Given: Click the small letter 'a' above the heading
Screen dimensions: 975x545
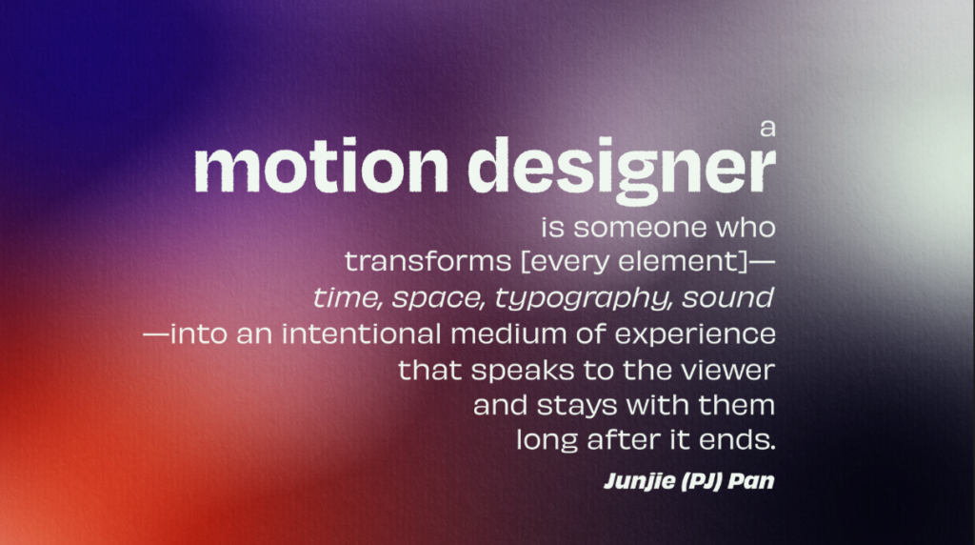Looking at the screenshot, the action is [768, 129].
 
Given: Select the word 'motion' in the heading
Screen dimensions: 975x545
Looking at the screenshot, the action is [321, 166].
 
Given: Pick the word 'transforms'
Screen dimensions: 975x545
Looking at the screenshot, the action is [428, 261].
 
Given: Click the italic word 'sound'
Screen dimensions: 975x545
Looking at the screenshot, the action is [728, 297].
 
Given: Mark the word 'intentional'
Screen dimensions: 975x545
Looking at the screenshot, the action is [361, 334].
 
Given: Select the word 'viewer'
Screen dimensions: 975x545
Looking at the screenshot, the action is [727, 371].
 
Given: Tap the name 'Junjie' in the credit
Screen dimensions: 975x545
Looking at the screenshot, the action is [640, 481].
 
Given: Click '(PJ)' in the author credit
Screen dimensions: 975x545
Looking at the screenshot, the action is [702, 481].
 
